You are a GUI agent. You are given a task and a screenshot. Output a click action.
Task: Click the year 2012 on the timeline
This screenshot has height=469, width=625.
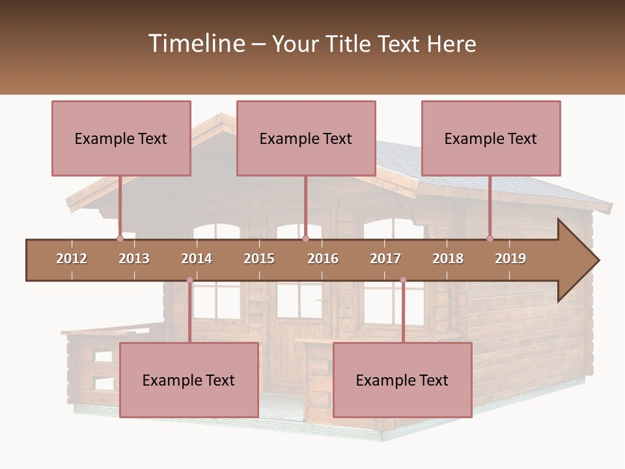coord(72,259)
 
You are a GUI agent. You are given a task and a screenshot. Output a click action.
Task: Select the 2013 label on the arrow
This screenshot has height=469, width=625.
coord(134,259)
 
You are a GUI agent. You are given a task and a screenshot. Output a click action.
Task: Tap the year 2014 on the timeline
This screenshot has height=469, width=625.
coord(197,259)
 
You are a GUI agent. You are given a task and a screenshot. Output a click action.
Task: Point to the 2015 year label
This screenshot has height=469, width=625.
coord(259,259)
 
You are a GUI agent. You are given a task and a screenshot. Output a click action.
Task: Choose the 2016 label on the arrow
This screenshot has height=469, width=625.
coord(323,259)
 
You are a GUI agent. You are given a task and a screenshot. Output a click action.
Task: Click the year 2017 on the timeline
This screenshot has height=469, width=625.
coord(385,259)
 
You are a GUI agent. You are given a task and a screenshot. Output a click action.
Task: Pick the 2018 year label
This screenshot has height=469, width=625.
coord(448,259)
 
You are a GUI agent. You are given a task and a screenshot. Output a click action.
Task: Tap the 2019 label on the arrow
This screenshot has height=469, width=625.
coord(510,259)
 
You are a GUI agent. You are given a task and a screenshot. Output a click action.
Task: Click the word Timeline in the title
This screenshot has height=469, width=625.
coord(195,44)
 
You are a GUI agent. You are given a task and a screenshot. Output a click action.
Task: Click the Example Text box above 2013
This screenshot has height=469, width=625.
coord(121,138)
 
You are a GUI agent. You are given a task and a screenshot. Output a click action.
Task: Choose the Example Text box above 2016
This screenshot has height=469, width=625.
coord(306,138)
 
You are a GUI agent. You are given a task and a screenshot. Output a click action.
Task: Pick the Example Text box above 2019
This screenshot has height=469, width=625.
coord(491,138)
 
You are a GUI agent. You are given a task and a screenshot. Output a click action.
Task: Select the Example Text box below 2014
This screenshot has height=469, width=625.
coord(189,380)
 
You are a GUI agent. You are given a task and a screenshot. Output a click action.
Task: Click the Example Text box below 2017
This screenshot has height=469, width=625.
coord(402,380)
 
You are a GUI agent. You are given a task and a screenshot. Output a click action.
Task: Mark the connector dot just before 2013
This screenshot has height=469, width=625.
coord(120,238)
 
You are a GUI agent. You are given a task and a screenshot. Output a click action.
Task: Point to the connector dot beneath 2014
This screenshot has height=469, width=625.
coord(189,280)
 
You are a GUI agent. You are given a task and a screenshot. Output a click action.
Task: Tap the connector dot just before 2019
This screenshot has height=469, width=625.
coord(490,238)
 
